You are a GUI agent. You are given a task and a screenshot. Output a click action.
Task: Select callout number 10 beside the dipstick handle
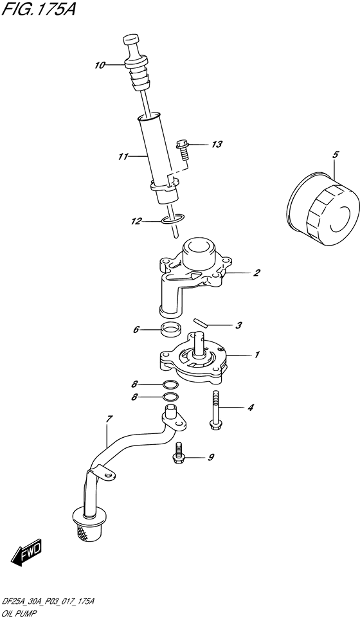tap(100, 64)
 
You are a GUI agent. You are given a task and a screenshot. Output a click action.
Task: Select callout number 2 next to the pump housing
tap(256, 273)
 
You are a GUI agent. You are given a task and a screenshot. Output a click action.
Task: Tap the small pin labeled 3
tap(199, 321)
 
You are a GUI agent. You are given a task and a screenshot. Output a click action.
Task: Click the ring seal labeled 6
tap(170, 332)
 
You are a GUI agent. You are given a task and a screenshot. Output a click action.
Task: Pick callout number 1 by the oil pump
tap(256, 354)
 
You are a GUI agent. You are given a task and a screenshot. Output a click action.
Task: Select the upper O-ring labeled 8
tap(170, 385)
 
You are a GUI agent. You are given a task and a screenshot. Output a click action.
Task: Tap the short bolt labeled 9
tap(178, 454)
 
